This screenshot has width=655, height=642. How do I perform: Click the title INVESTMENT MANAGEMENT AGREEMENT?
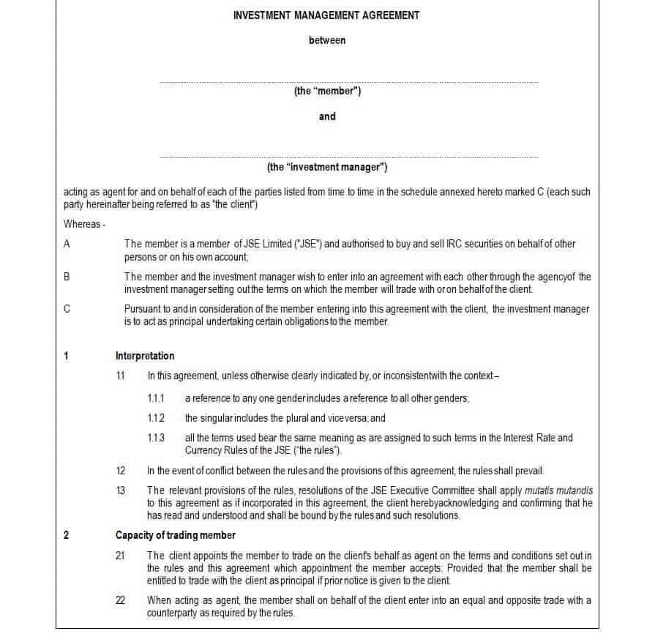pyautogui.click(x=326, y=15)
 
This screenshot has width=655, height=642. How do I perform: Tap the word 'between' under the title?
pyautogui.click(x=327, y=40)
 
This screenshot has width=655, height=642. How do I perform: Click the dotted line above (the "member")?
pyautogui.click(x=348, y=82)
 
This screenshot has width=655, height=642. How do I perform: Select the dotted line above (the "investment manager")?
pyautogui.click(x=348, y=157)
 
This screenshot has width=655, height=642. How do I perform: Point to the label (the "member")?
pyautogui.click(x=327, y=92)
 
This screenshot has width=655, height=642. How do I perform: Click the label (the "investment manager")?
pyautogui.click(x=327, y=167)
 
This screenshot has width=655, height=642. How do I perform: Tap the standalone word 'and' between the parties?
pyautogui.click(x=327, y=116)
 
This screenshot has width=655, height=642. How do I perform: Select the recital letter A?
pyautogui.click(x=67, y=244)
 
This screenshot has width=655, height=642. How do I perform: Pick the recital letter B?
pyautogui.click(x=67, y=277)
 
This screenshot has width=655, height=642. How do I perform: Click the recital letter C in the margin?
pyautogui.click(x=67, y=309)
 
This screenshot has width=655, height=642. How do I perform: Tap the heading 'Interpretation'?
pyautogui.click(x=145, y=356)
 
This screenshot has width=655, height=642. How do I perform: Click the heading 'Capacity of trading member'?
pyautogui.click(x=175, y=535)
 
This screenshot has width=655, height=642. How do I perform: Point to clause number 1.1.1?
pyautogui.click(x=156, y=398)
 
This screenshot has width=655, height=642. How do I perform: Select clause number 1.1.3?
pyautogui.click(x=156, y=438)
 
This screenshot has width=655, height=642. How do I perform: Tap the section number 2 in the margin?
pyautogui.click(x=67, y=535)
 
